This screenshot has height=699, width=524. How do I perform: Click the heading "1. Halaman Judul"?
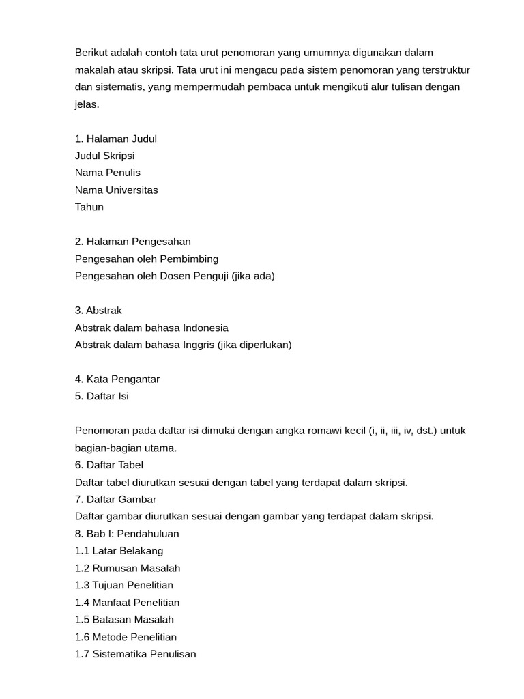coord(116,139)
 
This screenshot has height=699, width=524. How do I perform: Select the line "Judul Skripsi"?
coord(105,156)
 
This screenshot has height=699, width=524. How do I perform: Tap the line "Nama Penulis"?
coord(108,173)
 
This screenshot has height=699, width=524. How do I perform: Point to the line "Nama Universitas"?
coord(117,190)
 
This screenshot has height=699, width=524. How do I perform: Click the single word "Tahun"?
coord(89,207)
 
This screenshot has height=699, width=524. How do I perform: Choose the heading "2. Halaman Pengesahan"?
coord(133,242)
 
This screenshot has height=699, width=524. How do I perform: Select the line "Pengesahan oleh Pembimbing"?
coord(147,259)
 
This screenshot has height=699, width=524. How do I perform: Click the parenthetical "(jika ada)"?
coord(253,276)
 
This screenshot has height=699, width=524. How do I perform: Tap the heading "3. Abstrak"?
coord(98,311)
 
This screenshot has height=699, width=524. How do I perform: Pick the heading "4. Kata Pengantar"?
coord(117,380)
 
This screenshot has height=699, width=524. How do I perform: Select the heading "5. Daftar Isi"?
coord(102,397)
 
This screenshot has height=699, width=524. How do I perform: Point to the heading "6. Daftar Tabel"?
coord(109,465)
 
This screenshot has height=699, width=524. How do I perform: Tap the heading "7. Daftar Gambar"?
coord(115,499)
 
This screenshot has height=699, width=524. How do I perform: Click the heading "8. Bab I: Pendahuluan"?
coord(127,534)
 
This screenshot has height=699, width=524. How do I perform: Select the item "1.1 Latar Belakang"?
coord(119,551)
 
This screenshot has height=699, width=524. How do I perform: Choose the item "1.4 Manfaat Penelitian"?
coord(128,603)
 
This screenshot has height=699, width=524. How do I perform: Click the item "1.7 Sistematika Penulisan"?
coord(136,654)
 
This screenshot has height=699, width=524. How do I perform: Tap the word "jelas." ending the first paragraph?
coord(87,104)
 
